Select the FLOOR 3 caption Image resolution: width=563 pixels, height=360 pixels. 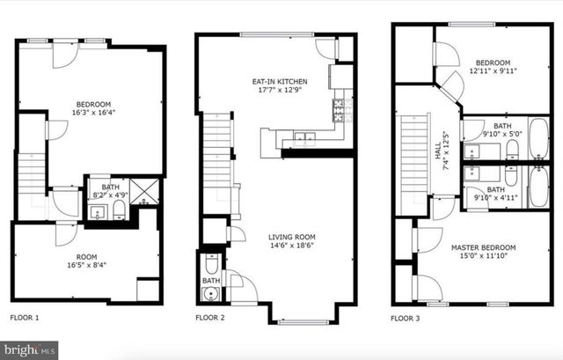point(409,318)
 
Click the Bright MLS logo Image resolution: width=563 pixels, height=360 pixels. point(29,349)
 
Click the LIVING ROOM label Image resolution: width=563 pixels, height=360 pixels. point(294,237)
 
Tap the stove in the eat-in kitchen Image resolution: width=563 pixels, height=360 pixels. point(339,110)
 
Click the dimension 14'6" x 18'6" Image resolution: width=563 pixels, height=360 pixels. point(294,247)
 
